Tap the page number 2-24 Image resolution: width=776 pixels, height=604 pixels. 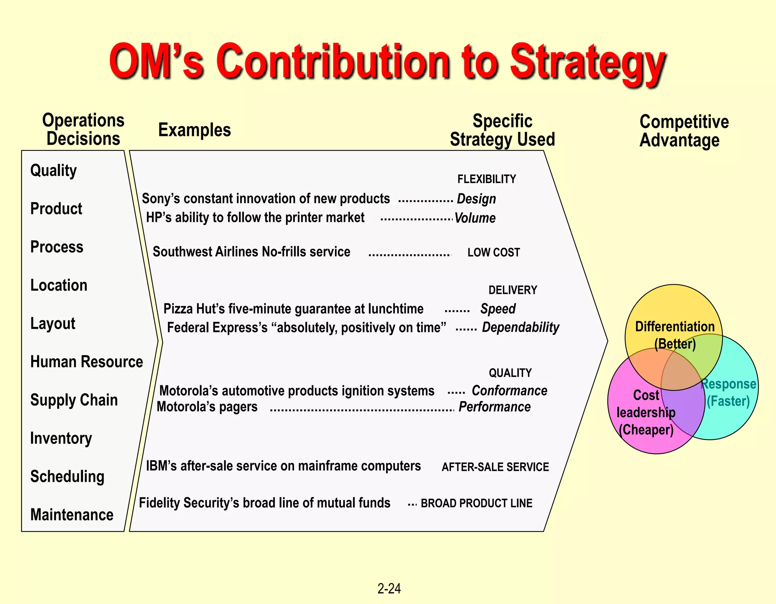pos(389,588)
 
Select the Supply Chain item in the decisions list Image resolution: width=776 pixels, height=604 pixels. pos(74,400)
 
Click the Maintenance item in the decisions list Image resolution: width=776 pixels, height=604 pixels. pos(72,515)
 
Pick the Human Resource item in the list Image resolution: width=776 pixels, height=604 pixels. pos(86,362)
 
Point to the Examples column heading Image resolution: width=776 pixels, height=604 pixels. pos(194,130)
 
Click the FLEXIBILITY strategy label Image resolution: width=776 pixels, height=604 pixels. pos(487,179)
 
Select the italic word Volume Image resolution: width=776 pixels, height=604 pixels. pos(475,218)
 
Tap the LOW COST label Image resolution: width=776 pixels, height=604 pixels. pos(493,253)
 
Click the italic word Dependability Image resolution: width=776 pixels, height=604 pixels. pos(520,327)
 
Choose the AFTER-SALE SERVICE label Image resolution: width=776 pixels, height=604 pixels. pos(495,467)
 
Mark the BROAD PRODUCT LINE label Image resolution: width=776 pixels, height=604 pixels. pos(476,503)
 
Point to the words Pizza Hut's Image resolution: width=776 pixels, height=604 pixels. pos(194,309)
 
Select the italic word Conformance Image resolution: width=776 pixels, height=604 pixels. pos(509,391)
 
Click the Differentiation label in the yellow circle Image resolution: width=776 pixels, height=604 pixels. pos(674,326)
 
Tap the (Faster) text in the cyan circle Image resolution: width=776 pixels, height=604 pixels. pos(728,401)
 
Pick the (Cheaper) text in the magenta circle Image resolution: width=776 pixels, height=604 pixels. pos(646,430)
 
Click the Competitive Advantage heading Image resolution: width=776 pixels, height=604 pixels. pos(684,131)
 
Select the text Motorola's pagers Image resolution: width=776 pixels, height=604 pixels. pos(207,407)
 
